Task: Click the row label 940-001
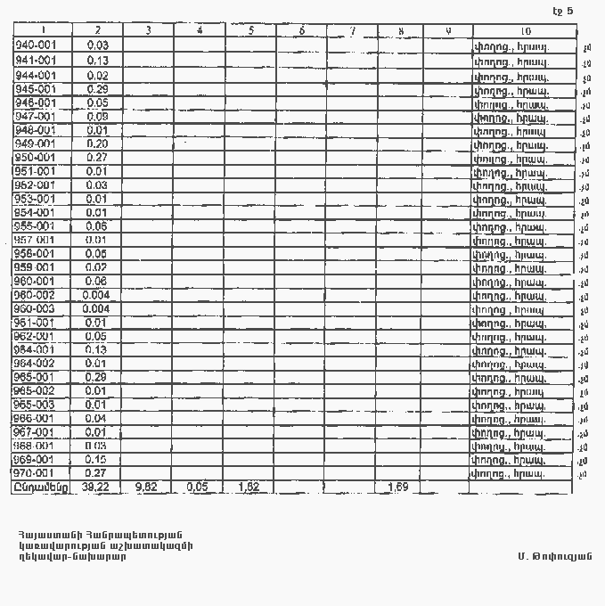coord(36,45)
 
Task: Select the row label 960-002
coord(36,295)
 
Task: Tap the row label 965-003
coord(36,405)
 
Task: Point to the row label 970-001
coord(36,473)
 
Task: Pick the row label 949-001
coord(36,143)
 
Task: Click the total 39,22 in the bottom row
coord(95,487)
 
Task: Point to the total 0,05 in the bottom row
coord(198,487)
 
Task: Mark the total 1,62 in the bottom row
coord(250,487)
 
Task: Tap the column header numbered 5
coord(251,31)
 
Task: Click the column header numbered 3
coord(148,31)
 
